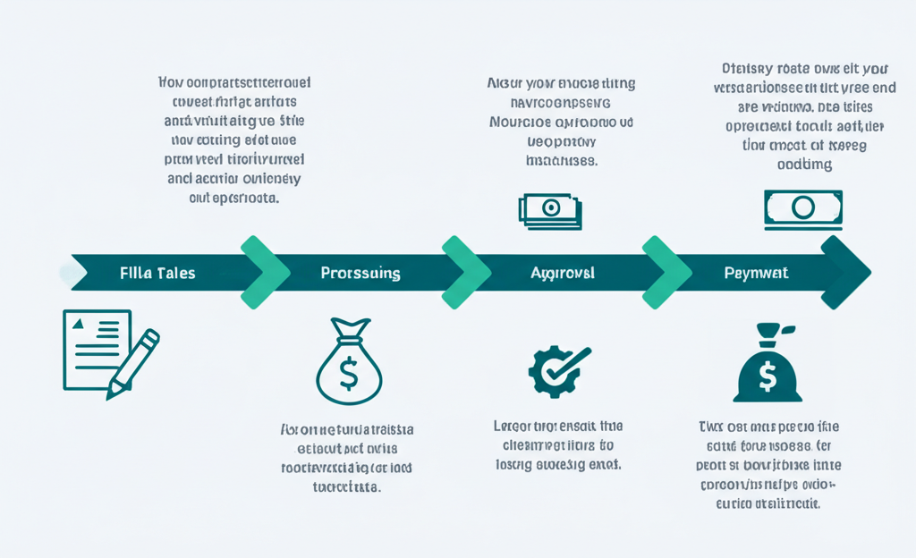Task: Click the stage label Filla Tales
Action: [157, 273]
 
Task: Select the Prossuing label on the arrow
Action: [360, 273]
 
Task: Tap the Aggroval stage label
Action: [562, 273]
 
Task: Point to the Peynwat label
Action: [756, 273]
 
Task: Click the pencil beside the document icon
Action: [134, 362]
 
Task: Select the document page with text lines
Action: [95, 348]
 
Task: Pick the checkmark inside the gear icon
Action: [563, 366]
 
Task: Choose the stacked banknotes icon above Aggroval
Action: [550, 210]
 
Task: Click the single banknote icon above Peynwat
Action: [802, 208]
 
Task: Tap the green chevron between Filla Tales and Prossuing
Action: [265, 273]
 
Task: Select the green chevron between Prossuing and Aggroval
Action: [466, 273]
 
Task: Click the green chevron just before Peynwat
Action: [666, 273]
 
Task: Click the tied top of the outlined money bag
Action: [350, 330]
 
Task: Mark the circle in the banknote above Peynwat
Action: [802, 208]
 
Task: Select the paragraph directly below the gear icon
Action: [558, 445]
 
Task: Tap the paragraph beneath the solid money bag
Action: [768, 465]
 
